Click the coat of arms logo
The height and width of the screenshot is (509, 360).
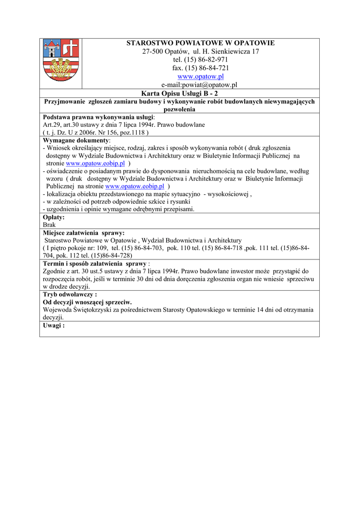61,61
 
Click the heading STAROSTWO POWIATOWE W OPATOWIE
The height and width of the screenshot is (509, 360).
200,43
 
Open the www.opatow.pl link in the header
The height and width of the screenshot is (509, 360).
200,77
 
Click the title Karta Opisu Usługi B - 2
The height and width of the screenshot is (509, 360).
180,93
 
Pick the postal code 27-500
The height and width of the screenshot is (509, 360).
152,52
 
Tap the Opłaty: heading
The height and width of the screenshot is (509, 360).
54,217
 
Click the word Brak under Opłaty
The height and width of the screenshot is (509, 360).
49,225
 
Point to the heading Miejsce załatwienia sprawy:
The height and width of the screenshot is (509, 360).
84,233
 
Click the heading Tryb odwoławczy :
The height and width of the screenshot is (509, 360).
70,294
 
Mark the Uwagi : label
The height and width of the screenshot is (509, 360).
54,325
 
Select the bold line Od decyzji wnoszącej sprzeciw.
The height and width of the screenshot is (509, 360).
87,302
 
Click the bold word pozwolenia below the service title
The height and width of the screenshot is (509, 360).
180,109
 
